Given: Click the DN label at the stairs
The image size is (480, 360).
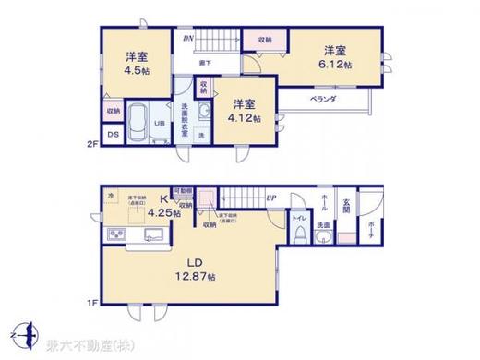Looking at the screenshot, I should (x=188, y=38).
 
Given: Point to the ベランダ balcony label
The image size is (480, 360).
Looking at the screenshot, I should (x=321, y=99).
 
